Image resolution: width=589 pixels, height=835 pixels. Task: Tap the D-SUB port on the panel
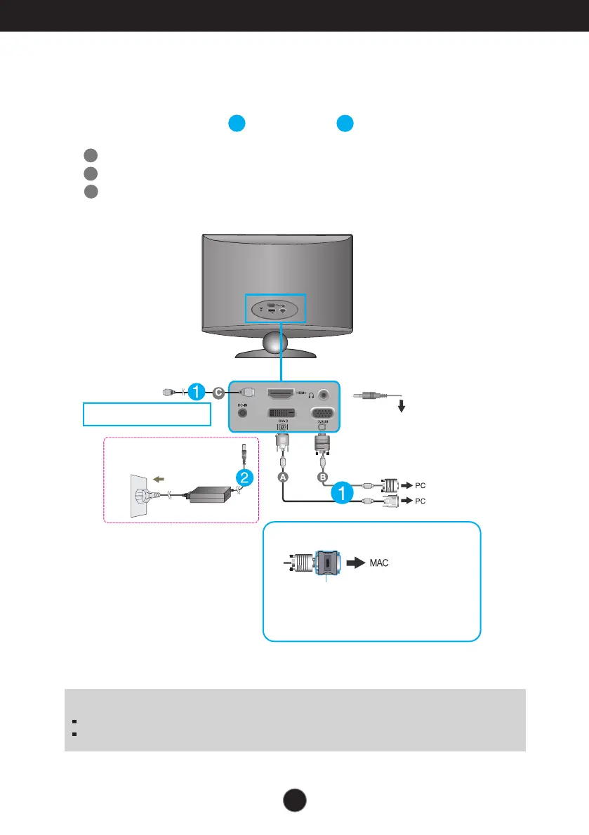point(322,415)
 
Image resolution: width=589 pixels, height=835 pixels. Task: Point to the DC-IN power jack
point(242,414)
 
